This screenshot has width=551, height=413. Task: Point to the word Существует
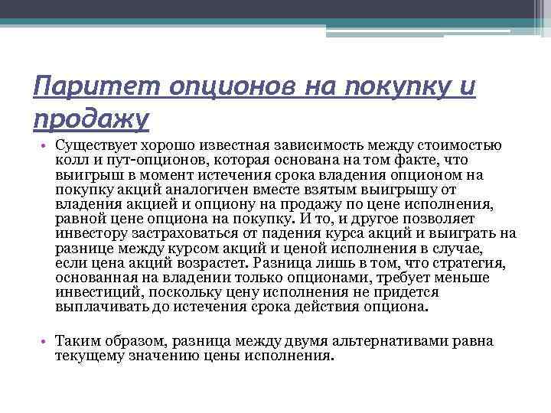coord(94,146)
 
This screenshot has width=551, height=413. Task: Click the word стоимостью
coord(458,146)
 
